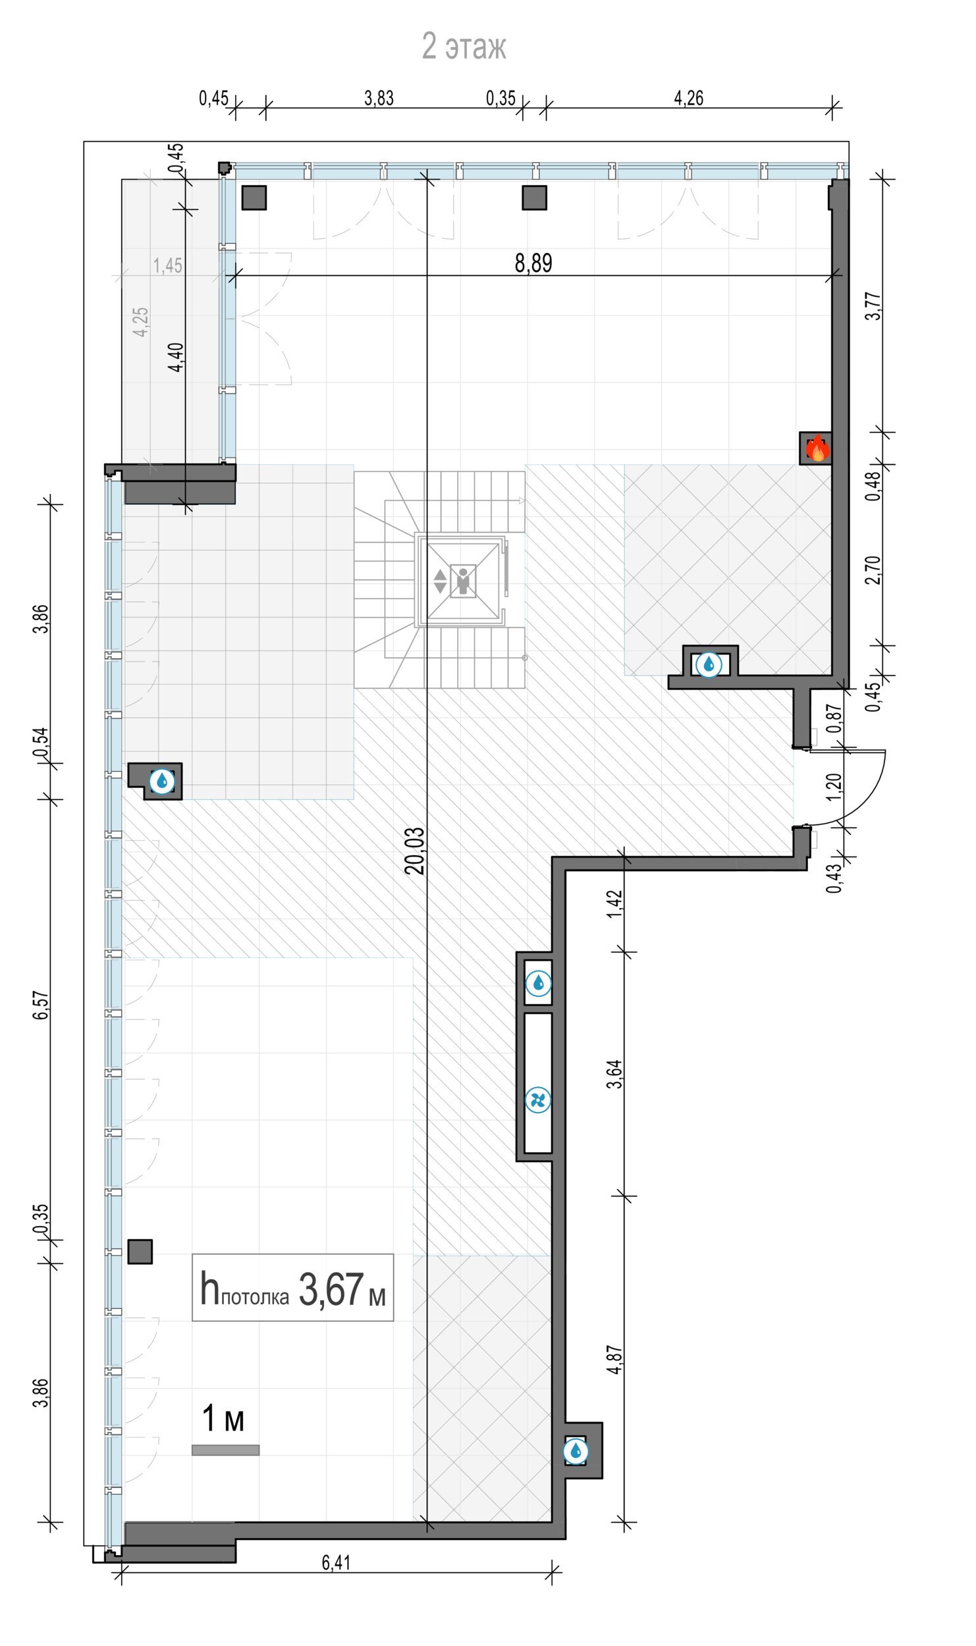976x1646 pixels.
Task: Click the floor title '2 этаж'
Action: pos(464,46)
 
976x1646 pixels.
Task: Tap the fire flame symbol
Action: pos(817,448)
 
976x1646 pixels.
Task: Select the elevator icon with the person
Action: pos(463,581)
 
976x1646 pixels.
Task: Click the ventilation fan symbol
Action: pos(538,1100)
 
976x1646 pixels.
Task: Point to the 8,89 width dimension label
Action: pos(533,263)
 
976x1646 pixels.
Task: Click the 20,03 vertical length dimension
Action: pos(415,851)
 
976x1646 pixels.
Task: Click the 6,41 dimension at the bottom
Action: pos(336,1562)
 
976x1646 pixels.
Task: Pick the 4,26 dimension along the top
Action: pos(689,98)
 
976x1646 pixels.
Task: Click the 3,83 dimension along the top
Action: pos(379,98)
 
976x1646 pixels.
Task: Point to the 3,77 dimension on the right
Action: pos(873,306)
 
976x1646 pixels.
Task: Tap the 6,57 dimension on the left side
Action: pos(41,1005)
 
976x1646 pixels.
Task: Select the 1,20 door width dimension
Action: pos(834,787)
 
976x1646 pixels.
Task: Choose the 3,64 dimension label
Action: pos(614,1074)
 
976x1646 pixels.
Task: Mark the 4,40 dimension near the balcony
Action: pos(176,357)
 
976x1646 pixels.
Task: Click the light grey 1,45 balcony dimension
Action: pos(168,265)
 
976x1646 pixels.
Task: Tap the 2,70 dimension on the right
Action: pos(873,570)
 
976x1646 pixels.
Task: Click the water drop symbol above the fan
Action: pos(538,984)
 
